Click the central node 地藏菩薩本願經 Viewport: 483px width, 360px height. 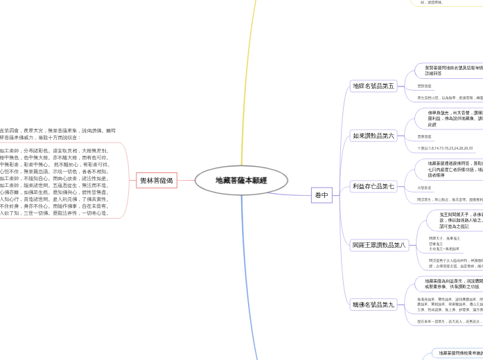pyautogui.click(x=240, y=180)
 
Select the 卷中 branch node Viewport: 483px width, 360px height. pyautogui.click(x=321, y=196)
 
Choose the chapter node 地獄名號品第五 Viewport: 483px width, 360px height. pyautogui.click(x=373, y=86)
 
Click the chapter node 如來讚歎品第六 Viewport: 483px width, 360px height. pyautogui.click(x=373, y=136)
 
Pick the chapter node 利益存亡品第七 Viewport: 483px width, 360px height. pyautogui.click(x=373, y=186)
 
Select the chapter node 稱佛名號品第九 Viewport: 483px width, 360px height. pyautogui.click(x=373, y=304)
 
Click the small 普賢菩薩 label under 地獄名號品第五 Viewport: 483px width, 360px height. pyautogui.click(x=424, y=86)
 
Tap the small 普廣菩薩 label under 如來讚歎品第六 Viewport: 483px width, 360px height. pyautogui.click(x=424, y=136)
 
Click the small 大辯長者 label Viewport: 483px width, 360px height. pyautogui.click(x=424, y=187)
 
